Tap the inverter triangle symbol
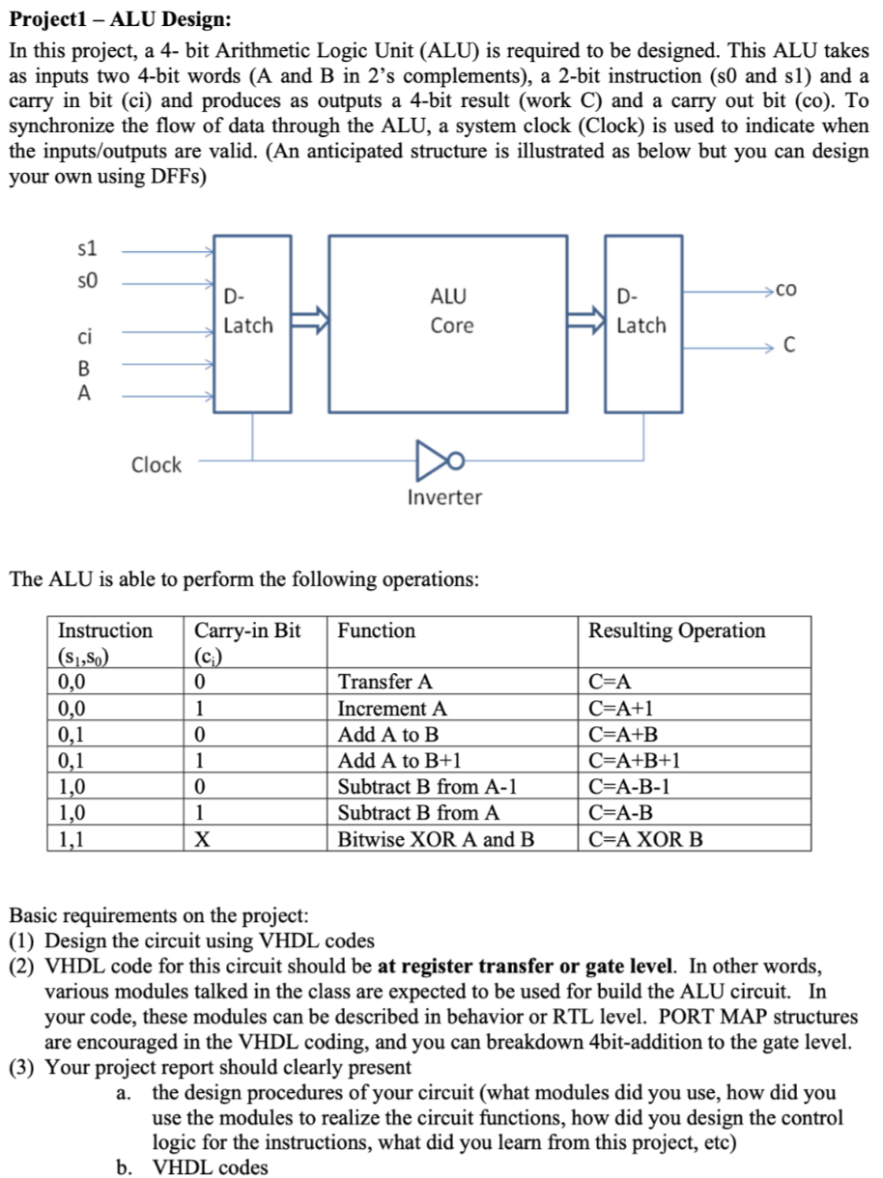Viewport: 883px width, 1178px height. tap(434, 464)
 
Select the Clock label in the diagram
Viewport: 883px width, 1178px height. tap(156, 464)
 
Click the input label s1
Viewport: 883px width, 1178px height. tap(87, 249)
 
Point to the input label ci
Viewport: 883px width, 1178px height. tap(86, 337)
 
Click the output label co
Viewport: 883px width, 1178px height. tap(786, 289)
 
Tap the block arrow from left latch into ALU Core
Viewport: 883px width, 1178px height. tap(310, 319)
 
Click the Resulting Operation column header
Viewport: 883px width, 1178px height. tap(676, 631)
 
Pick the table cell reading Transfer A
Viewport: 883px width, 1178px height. tap(385, 682)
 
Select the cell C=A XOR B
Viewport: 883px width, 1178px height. tap(645, 838)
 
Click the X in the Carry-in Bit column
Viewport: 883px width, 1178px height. tap(202, 838)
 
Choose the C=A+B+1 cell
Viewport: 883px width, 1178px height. tap(635, 760)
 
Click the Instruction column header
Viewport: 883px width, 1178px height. tap(105, 631)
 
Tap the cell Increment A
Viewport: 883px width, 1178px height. tap(391, 708)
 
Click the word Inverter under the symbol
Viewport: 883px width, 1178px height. tap(443, 498)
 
